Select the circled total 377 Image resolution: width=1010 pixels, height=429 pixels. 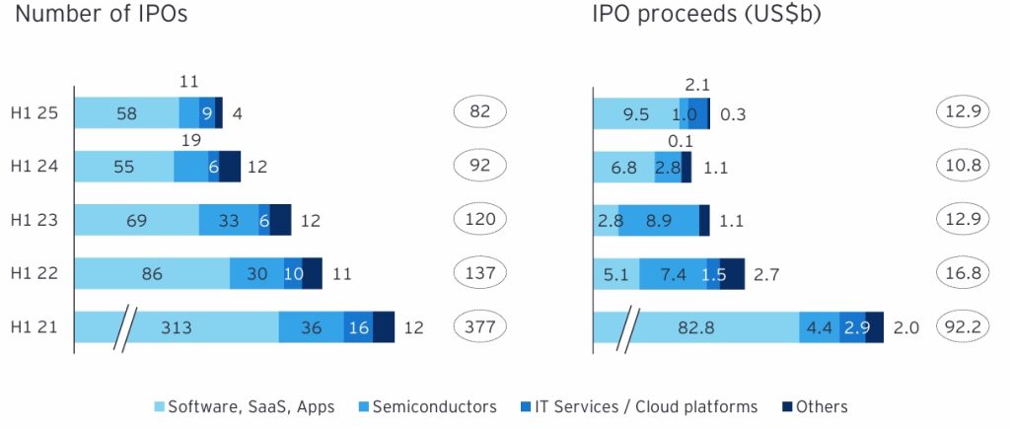coord(481,327)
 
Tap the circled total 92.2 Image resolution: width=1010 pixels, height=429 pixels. coord(963,327)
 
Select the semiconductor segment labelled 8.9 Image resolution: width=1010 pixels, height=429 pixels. coord(658,221)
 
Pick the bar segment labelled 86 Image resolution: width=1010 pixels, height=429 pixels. coord(152,274)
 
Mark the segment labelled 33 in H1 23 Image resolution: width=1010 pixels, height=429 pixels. coord(228,221)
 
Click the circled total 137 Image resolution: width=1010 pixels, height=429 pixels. coord(481,274)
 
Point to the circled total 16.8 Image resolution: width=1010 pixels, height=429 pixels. coord(963,274)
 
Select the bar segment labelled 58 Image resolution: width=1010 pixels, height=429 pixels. coord(126,113)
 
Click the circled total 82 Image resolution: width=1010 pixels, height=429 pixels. coord(481,113)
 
